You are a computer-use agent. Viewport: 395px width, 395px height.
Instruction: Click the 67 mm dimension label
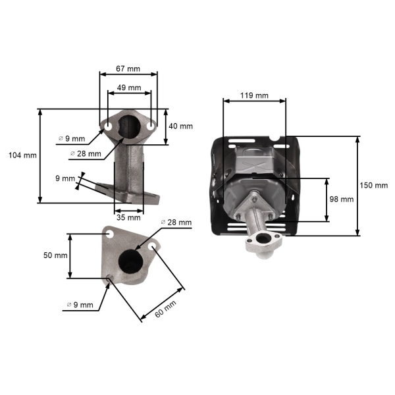coord(129,68)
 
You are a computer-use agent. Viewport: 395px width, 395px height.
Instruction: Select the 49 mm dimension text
coord(129,88)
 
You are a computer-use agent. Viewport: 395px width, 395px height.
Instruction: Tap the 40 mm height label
coord(181,126)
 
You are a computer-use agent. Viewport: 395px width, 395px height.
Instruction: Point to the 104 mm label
coord(22,155)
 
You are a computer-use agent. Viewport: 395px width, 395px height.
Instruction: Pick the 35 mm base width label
coord(129,217)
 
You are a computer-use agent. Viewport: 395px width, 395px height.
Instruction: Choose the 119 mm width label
coord(254,95)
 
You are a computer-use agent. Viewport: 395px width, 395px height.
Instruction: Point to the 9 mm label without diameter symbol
coord(65,178)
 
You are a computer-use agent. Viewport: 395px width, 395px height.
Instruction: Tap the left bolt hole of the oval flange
coord(107,124)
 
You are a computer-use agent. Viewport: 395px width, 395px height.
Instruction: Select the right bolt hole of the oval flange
coord(151,124)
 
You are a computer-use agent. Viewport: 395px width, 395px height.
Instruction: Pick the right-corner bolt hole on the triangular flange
coord(153,246)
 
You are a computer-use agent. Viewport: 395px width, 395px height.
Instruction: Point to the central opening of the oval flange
coord(129,126)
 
